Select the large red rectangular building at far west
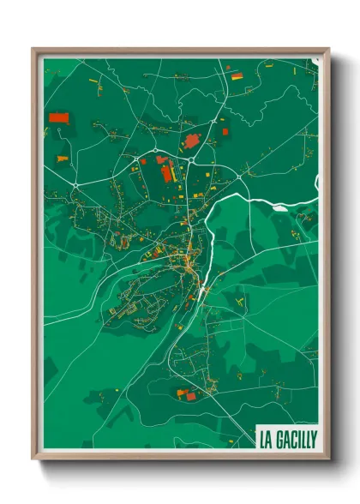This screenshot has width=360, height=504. pyautogui.click(x=59, y=117)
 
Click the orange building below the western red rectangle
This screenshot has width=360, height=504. pyautogui.click(x=60, y=159)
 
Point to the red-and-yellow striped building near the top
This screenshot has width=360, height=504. pyautogui.click(x=237, y=76)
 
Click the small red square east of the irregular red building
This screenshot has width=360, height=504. pyautogui.click(x=225, y=131)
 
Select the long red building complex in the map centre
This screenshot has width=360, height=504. pyautogui.click(x=167, y=172)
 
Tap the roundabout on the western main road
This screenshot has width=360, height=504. pyautogui.click(x=76, y=186)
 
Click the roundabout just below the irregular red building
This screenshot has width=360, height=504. pyautogui.click(x=190, y=157)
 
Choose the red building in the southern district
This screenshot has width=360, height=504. pyautogui.click(x=182, y=393)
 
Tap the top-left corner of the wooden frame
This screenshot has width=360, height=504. pyautogui.click(x=33, y=50)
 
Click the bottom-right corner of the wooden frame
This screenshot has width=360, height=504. pyautogui.click(x=329, y=459)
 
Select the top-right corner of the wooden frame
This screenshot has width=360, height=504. pyautogui.click(x=329, y=50)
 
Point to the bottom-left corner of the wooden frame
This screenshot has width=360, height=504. pyautogui.click(x=33, y=459)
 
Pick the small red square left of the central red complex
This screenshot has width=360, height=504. pyautogui.click(x=144, y=160)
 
